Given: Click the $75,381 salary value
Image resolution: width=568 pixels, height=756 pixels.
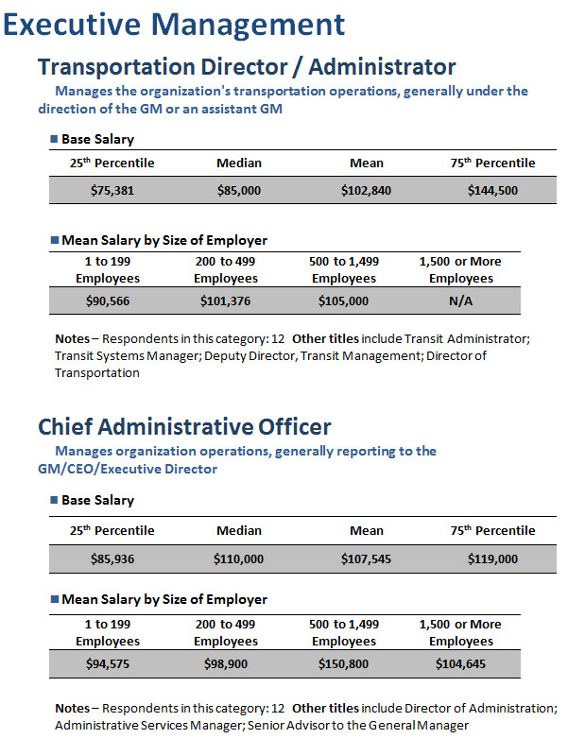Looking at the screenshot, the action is (112, 191).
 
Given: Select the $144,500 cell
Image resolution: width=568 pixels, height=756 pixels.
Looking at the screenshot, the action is (492, 191).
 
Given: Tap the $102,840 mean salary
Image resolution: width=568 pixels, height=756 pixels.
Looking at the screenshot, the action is (366, 191).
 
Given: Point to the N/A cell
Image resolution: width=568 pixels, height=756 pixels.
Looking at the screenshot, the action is (460, 301).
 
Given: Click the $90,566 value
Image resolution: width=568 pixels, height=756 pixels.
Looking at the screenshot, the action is (108, 301).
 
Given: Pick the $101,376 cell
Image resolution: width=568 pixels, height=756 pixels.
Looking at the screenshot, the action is (225, 301).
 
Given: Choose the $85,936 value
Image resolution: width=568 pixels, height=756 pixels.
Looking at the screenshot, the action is (112, 559).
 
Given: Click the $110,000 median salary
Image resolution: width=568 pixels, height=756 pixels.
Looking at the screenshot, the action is (239, 559).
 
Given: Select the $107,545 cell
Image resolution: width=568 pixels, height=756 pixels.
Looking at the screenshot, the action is (366, 559).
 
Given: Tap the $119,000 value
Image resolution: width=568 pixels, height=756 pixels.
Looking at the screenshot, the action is (492, 559).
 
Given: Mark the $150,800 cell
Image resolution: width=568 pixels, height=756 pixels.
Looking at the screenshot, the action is (343, 664).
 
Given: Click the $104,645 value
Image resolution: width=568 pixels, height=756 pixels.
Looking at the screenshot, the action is (460, 664).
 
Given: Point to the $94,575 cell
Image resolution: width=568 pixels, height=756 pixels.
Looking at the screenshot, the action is (108, 664).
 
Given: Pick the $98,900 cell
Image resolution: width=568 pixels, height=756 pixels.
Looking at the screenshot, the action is (225, 664).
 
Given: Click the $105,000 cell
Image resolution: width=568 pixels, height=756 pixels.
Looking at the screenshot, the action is (343, 301).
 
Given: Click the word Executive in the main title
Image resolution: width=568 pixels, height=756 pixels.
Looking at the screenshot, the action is (72, 25).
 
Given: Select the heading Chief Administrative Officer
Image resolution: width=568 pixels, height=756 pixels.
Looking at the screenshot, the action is (184, 427).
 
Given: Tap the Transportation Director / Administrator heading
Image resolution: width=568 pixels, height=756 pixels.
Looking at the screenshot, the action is (247, 66).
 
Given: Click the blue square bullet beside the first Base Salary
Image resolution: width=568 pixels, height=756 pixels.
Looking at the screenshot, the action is (54, 139).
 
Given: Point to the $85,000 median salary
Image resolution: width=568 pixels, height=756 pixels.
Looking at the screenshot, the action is (239, 191).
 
